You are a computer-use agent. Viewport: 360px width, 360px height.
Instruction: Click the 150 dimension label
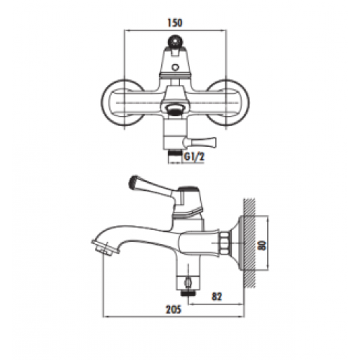[x=175, y=22]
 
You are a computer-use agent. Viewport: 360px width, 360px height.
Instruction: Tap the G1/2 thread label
[x=194, y=157]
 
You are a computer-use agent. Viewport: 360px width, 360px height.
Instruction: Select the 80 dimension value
[x=263, y=245]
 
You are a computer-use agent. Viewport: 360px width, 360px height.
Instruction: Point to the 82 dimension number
[x=217, y=297]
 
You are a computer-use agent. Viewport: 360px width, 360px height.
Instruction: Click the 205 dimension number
[x=174, y=310]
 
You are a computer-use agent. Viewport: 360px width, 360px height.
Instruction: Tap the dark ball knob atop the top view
[x=175, y=42]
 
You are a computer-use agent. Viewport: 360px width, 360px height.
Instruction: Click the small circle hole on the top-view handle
[x=176, y=68]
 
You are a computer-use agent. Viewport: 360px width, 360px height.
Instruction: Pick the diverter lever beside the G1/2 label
[x=199, y=142]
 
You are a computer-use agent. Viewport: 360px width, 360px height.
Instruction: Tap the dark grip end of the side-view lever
[x=133, y=182]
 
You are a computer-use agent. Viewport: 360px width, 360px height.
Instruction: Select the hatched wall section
[x=249, y=243]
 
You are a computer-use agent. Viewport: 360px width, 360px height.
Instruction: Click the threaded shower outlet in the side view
[x=189, y=293]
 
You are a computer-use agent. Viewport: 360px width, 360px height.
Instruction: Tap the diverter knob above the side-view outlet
[x=188, y=282]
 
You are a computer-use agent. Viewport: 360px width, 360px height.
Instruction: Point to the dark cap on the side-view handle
[x=189, y=189]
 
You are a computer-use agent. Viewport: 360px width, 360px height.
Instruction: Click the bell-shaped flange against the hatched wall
[x=237, y=243]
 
